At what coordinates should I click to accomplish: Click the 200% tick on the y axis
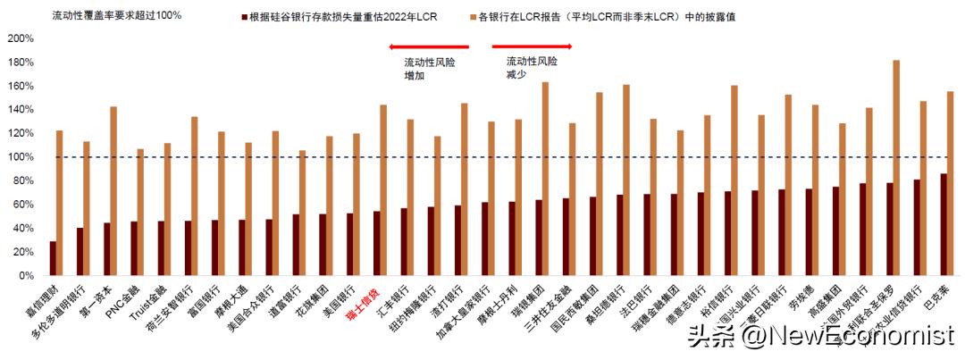20,38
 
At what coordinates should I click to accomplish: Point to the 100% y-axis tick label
20,157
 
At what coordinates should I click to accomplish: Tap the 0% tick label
24,276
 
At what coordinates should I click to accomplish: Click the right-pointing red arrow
532,46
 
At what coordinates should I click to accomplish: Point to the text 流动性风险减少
532,68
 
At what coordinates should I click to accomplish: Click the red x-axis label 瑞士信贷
361,305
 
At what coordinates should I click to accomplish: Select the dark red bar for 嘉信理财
53,258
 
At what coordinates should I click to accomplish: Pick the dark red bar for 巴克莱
944,224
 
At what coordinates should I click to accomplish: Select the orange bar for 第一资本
113,191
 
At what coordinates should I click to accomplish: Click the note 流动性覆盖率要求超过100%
117,16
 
